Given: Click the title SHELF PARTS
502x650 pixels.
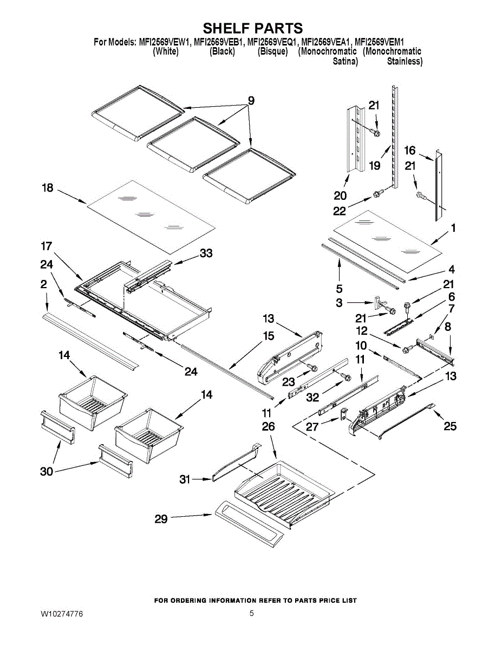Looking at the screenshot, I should click(x=252, y=28).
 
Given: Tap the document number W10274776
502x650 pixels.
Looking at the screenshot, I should click(x=62, y=614).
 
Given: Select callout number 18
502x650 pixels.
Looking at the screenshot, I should click(x=48, y=188).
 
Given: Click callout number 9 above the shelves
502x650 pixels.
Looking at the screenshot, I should click(x=251, y=100).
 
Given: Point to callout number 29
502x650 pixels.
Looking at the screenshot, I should click(x=161, y=519).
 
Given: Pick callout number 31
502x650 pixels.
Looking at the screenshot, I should click(x=186, y=479).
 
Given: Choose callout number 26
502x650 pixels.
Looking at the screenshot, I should click(x=268, y=427).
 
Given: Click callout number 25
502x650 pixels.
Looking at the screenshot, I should click(x=450, y=427).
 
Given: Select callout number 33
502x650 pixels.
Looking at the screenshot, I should click(x=206, y=253).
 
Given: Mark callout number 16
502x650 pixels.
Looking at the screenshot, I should click(x=410, y=151).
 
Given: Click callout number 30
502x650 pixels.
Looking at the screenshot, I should click(x=47, y=471).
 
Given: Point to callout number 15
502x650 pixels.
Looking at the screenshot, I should click(x=268, y=336).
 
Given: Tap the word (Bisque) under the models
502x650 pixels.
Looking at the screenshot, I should click(x=273, y=51).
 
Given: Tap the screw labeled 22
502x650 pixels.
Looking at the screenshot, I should click(x=377, y=193).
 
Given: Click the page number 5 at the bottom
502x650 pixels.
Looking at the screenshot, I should click(x=252, y=614).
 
